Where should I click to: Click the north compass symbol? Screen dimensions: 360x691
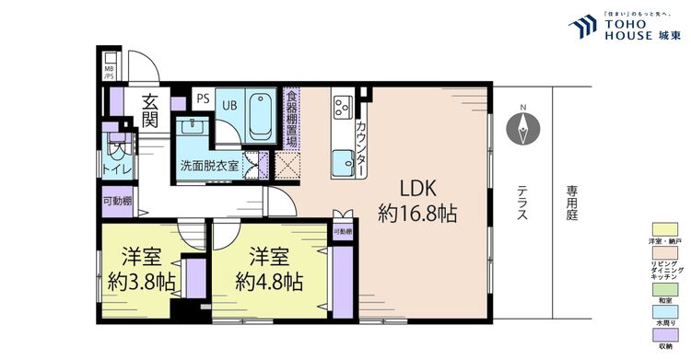tap(522, 127)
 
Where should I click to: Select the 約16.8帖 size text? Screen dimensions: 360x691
tap(417, 214)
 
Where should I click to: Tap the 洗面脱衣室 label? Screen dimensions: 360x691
tap(208, 166)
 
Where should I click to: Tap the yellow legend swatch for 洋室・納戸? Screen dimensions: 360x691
tap(664, 227)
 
